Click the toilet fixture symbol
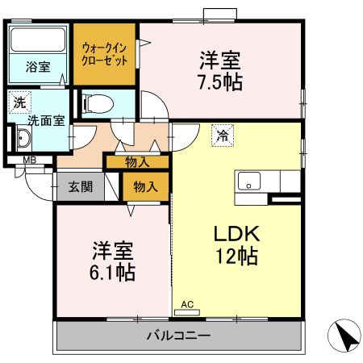(x=98, y=103)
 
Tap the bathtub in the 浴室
(x=39, y=40)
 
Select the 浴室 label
(x=37, y=67)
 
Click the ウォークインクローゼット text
(x=106, y=53)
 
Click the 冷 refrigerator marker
(x=220, y=136)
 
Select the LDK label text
(x=236, y=233)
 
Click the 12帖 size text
(x=236, y=257)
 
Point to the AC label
(x=187, y=304)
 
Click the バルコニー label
(x=178, y=335)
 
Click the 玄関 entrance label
(x=79, y=187)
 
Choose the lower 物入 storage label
(x=145, y=187)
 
